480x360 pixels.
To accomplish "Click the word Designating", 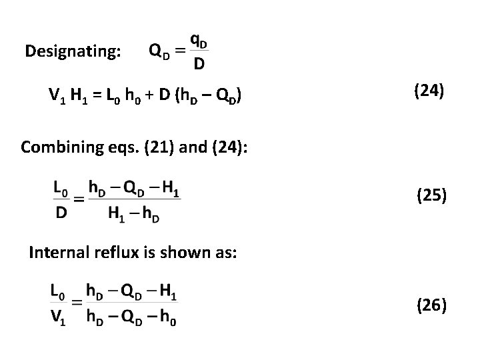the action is [x=73, y=51].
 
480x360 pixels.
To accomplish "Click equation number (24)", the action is [x=429, y=91].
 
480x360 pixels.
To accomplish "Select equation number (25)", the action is [x=431, y=195].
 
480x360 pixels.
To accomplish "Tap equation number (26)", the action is [x=431, y=306].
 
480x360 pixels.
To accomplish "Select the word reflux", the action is [x=113, y=252].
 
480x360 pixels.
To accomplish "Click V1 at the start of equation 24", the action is [x=57, y=99].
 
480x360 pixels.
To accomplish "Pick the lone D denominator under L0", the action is [x=60, y=214].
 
